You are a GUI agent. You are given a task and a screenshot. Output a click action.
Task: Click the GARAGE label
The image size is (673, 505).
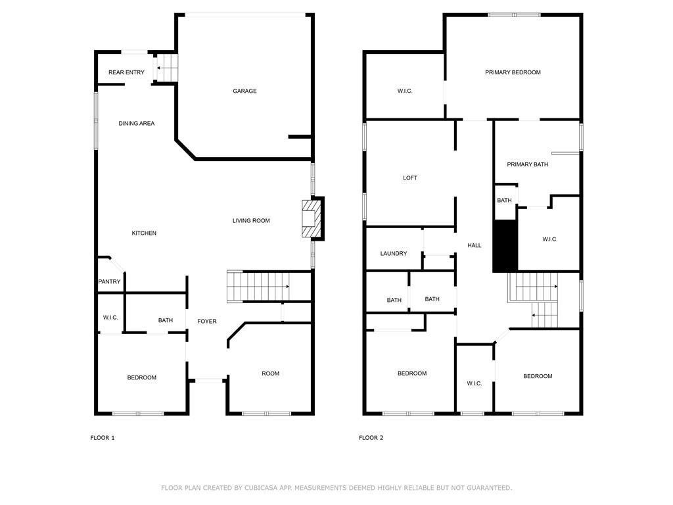244,91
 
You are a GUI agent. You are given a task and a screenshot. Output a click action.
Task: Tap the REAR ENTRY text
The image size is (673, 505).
126,72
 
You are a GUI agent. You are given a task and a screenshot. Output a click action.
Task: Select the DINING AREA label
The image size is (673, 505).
137,124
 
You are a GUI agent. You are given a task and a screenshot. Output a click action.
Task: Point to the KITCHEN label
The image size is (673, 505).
144,233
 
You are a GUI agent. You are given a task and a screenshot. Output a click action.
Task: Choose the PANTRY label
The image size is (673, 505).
109,282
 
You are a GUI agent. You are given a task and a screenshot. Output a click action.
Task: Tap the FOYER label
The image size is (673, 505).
207,322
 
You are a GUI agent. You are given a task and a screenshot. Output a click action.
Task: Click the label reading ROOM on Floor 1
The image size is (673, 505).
270,373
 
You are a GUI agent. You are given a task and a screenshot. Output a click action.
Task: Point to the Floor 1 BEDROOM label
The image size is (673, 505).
142,377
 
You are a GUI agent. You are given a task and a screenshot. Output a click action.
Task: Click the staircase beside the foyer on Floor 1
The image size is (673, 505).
260,286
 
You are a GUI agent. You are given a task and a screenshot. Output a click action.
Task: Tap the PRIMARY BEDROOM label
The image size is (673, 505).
513,72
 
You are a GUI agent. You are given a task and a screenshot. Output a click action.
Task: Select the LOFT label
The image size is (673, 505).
410,178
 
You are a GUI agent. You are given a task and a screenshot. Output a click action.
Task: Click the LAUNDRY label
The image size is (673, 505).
394,254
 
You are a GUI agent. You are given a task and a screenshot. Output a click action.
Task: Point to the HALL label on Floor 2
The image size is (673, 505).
474,246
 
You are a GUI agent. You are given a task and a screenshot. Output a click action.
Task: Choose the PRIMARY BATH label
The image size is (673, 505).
527,164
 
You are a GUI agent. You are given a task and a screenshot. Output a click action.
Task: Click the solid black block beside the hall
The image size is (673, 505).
505,246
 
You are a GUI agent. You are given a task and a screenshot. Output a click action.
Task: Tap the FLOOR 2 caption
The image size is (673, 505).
371,438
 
